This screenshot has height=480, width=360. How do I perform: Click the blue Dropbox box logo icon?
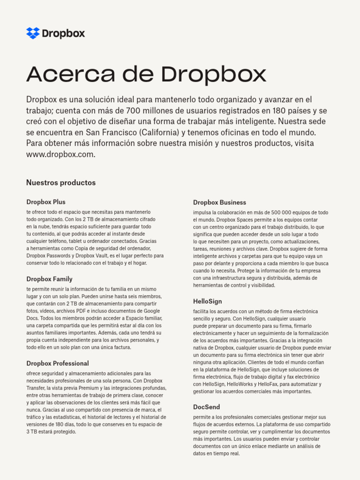coord(33,33)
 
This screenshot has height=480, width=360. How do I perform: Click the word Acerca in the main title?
coord(63,75)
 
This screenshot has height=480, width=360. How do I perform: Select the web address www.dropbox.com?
coord(60,154)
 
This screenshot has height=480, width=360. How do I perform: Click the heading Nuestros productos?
coord(61,182)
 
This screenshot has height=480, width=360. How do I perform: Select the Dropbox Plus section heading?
coord(46,202)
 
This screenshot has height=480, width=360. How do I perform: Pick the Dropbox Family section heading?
coord(49,279)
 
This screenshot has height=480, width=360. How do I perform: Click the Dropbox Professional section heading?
coord(58,363)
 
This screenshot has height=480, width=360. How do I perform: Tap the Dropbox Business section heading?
coord(219,202)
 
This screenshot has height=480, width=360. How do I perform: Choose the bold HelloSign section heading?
coord(207,301)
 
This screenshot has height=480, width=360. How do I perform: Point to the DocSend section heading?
coord(206,407)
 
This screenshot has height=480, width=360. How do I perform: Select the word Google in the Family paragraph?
coord(151,311)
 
